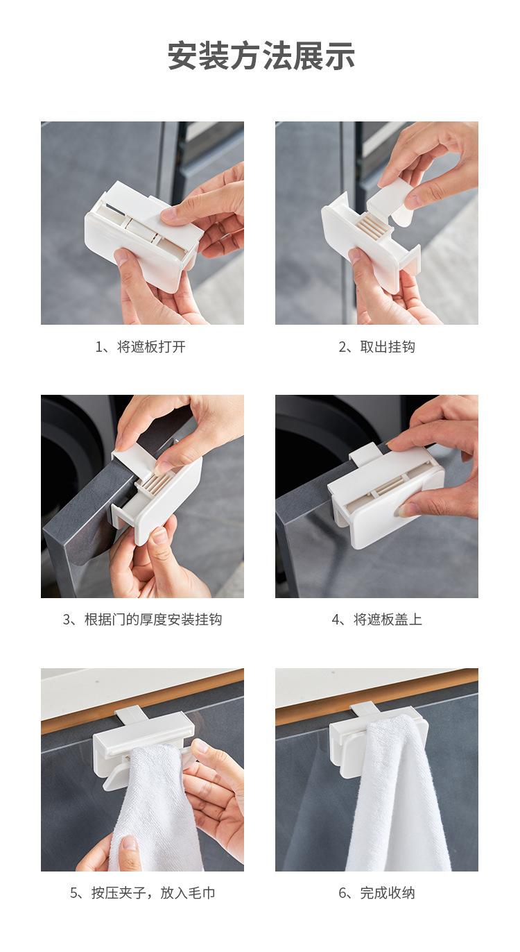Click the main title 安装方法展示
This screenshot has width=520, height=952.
tap(261, 56)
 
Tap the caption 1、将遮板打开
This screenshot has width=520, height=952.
tap(141, 347)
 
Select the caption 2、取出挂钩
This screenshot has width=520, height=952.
tap(377, 347)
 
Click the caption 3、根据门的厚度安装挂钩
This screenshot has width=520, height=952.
tap(142, 619)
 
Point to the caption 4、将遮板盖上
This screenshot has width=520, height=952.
tap(377, 619)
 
